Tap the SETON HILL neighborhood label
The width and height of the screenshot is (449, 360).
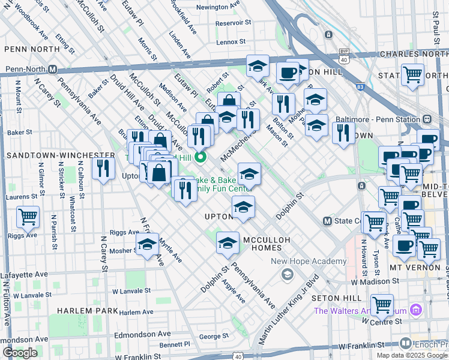tap(339, 298)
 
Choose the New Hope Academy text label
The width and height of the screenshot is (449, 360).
tap(309, 261)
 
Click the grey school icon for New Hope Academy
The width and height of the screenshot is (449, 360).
tap(287, 274)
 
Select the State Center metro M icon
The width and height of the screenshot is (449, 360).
tap(327, 221)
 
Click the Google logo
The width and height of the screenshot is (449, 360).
tap(20, 353)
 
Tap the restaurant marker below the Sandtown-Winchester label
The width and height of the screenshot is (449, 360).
tap(104, 168)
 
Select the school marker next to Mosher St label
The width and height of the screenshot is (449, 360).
tap(147, 244)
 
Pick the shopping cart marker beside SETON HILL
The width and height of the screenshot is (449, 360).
tap(382, 304)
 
